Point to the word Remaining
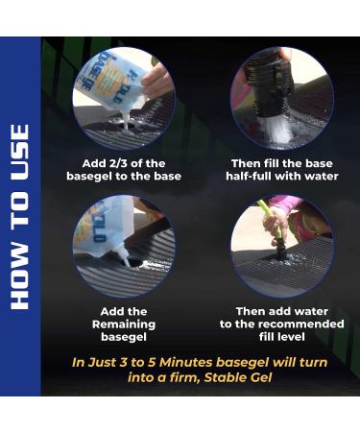[124, 324]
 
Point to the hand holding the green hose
[273, 224]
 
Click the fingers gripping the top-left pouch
[157, 80]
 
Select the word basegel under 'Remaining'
[124, 337]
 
